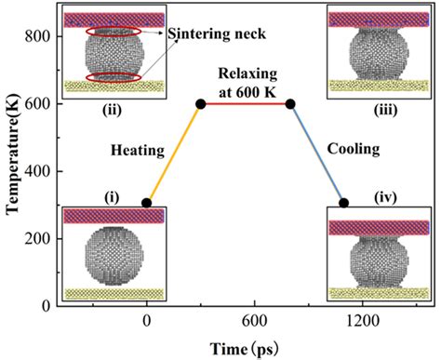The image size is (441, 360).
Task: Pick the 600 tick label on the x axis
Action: [247, 322]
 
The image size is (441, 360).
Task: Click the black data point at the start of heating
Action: [147, 203]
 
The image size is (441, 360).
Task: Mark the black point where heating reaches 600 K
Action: [201, 103]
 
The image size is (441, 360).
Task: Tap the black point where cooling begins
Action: [290, 103]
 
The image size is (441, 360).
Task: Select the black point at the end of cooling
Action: [343, 203]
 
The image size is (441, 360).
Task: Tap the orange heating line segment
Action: [174, 153]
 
